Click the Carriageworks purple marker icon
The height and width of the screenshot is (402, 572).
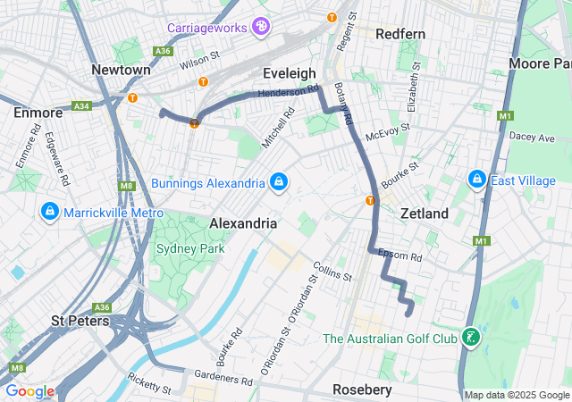(x=261, y=27)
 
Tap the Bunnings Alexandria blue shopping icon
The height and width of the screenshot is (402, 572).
(x=280, y=183)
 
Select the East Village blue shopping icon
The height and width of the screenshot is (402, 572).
(x=476, y=180)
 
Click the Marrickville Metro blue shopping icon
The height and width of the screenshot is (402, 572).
(x=50, y=213)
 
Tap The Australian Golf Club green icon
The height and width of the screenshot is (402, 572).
(x=469, y=339)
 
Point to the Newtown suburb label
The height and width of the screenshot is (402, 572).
(x=121, y=70)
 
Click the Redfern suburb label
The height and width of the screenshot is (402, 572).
(x=400, y=34)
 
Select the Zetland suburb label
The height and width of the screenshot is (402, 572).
(x=424, y=214)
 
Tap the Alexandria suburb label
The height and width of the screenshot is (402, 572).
(x=242, y=222)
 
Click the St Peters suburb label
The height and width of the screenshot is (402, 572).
(x=80, y=320)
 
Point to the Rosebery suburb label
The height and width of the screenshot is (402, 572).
(x=362, y=389)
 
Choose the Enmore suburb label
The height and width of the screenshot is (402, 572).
(x=38, y=113)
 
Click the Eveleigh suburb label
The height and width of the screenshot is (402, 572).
(x=289, y=72)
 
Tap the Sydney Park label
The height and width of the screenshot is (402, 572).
(x=190, y=248)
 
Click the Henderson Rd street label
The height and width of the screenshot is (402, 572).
(x=288, y=91)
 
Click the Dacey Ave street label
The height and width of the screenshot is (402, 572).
(x=532, y=138)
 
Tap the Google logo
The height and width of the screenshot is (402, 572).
(x=29, y=391)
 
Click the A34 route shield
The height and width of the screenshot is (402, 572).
(x=82, y=105)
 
